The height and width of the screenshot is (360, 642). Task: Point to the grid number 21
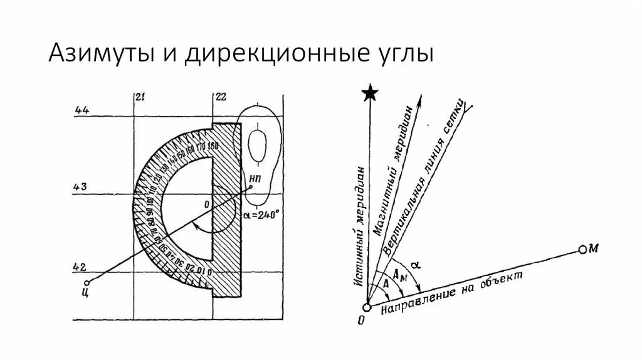coord(140,97)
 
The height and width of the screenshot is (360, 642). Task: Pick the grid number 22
coord(220,97)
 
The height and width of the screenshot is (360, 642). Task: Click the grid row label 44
coord(82,110)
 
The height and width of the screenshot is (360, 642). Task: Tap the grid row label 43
coord(81,186)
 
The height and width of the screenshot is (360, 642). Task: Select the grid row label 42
coord(80,266)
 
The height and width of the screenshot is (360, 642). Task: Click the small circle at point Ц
coord(87,282)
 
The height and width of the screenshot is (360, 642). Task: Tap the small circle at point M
coord(582,250)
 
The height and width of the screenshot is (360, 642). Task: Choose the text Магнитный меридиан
coord(394,169)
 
